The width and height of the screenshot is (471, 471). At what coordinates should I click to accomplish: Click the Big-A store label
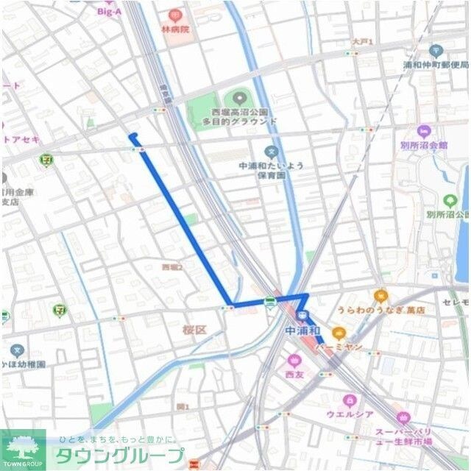[x=108, y=11]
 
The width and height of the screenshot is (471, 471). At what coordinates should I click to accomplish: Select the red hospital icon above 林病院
[x=175, y=15]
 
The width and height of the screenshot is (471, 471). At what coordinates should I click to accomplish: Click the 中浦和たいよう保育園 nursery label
[x=272, y=171]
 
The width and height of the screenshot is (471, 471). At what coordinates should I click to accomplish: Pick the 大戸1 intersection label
[x=361, y=43]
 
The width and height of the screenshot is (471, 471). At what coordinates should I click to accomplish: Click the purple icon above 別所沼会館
[x=423, y=131]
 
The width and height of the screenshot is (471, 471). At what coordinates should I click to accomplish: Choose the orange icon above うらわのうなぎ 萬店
[x=380, y=296]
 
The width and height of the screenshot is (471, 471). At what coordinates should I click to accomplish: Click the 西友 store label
[x=294, y=375]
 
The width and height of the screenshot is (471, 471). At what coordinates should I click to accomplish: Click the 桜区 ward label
[x=195, y=330]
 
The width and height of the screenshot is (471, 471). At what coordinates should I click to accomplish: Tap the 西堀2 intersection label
[x=171, y=266]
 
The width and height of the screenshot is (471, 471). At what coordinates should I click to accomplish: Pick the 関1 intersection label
[x=183, y=406]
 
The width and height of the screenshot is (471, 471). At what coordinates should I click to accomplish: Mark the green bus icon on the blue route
[x=271, y=301]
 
